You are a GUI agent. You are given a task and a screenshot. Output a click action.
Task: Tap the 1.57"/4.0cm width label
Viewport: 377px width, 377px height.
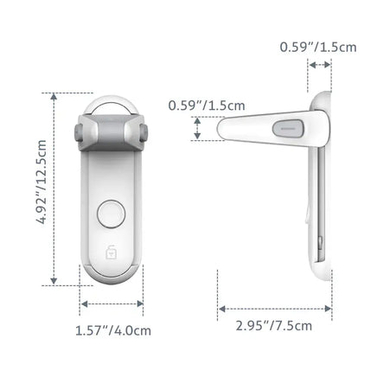tap(112, 329)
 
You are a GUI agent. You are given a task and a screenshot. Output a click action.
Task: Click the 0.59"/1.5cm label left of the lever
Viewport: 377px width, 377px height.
tap(195, 105)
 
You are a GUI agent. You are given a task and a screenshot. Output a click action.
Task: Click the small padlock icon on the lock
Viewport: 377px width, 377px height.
tap(111, 254)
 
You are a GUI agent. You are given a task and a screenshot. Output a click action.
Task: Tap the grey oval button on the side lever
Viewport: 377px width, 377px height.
tap(287, 130)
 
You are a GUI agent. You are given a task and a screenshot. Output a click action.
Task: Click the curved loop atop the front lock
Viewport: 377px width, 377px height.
tap(111, 101)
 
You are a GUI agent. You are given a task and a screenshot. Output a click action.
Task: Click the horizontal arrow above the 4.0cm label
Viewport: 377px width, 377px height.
tap(112, 303)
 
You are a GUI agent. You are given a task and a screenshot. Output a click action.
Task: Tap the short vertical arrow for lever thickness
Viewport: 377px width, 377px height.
tap(198, 130)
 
